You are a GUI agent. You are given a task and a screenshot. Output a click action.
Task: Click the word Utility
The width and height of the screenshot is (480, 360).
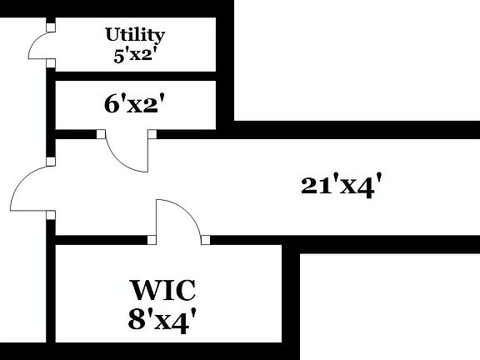134,35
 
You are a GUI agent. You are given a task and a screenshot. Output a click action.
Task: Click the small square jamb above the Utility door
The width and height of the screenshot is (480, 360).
51,27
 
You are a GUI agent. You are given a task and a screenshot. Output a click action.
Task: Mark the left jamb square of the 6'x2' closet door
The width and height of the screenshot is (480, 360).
101,133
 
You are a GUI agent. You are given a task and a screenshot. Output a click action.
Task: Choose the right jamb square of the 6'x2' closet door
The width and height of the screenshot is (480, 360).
152,133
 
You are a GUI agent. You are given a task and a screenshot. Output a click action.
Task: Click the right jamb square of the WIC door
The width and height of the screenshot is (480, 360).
205,240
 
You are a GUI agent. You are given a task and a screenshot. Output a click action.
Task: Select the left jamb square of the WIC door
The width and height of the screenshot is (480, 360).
152,240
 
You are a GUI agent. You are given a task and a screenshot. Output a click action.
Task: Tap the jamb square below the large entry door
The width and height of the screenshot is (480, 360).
51,216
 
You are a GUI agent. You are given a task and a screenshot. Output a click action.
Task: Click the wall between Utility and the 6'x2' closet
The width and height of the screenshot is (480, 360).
133,75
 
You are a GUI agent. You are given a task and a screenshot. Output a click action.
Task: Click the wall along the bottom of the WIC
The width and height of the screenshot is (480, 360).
167,351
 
